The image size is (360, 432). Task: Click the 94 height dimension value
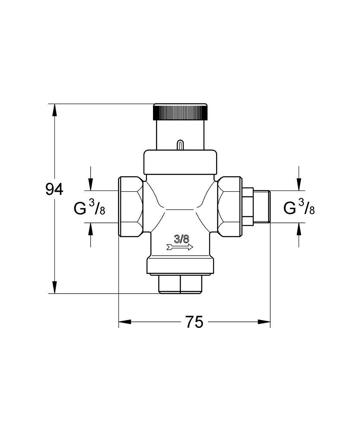tap(54, 190)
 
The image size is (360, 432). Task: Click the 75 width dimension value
tap(194, 322)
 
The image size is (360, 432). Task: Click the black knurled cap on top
tap(180, 112)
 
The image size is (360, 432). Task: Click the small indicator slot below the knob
tap(180, 146)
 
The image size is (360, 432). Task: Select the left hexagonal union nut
tap(130, 206)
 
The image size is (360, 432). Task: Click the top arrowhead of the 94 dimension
tap(54, 110)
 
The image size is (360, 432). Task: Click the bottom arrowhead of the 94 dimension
tap(54, 287)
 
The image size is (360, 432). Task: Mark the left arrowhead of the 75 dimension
tap(125, 322)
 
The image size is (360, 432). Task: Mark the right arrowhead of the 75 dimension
tap(264, 322)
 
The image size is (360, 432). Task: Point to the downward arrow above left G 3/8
tap(90, 184)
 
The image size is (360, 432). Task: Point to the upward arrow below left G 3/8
tap(90, 229)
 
